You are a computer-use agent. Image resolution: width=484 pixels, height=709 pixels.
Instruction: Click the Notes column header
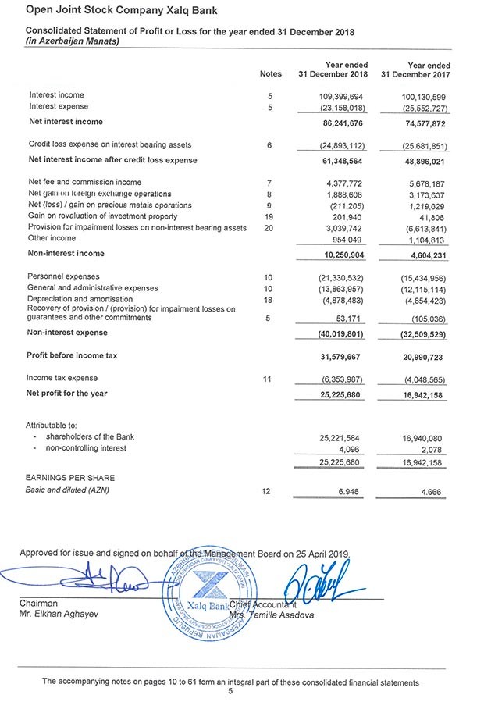269,75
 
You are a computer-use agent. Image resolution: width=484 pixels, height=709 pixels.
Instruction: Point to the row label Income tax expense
63,378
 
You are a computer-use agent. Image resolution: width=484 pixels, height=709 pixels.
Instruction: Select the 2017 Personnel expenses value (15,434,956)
421,277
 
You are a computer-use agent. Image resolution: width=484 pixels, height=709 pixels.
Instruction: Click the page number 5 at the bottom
230,691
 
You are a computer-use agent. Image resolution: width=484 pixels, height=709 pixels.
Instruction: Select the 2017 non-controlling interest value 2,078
432,448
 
